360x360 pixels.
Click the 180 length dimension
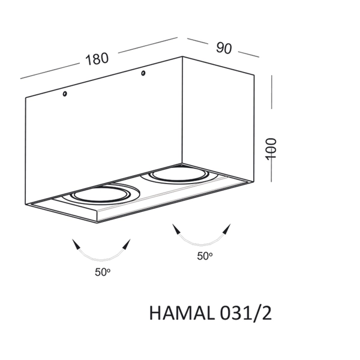[97, 59]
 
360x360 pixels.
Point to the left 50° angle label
[102, 272]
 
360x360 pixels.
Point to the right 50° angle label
[205, 256]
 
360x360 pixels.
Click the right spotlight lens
[178, 176]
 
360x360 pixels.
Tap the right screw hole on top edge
[143, 74]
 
